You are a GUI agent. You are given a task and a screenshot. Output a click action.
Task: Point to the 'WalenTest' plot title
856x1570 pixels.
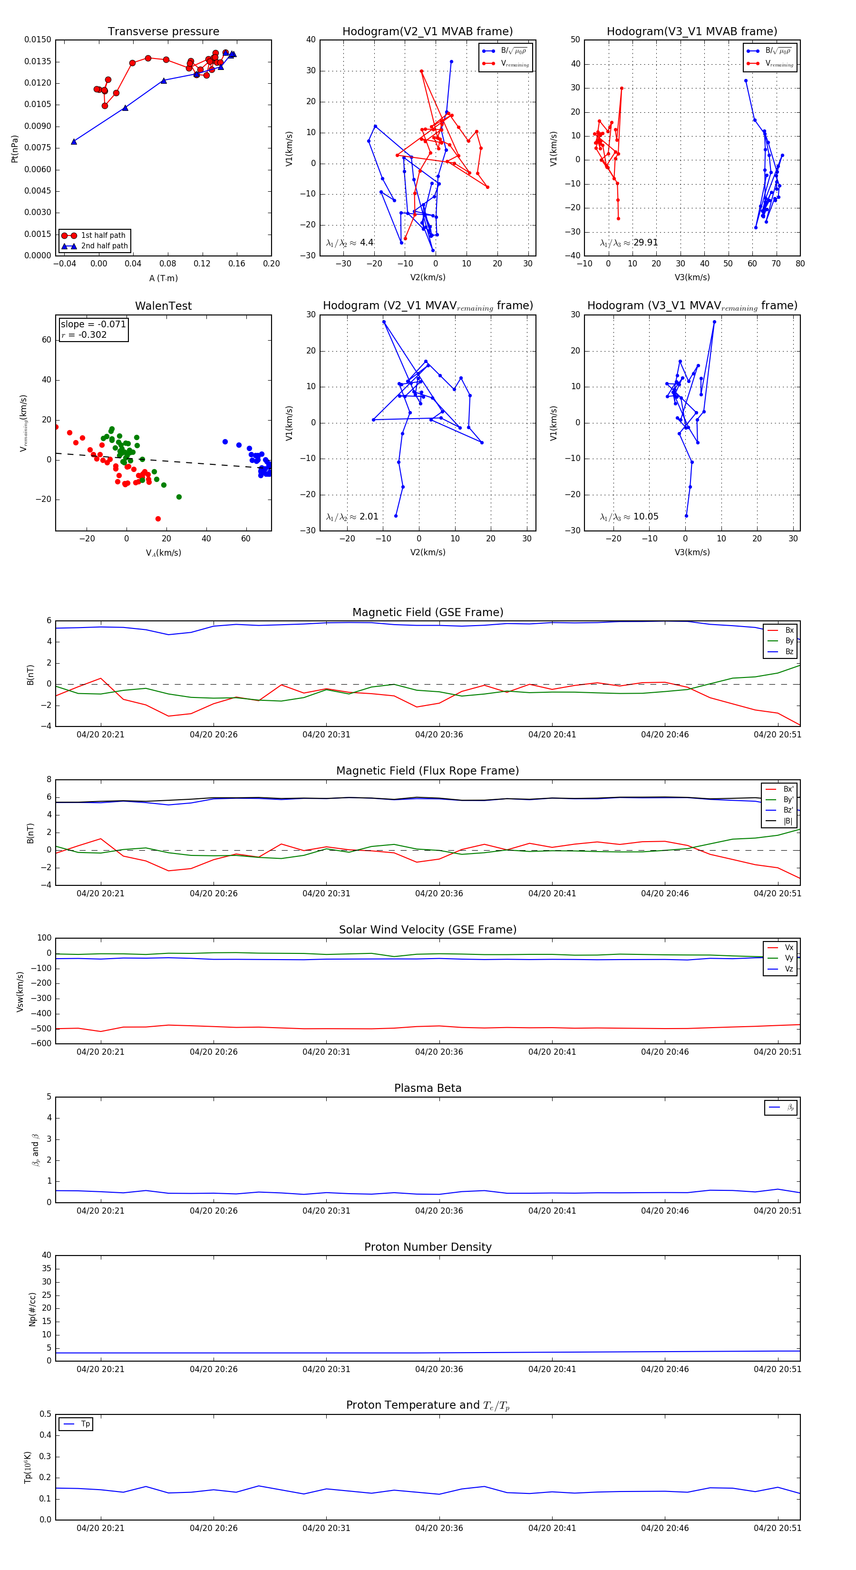coord(163,306)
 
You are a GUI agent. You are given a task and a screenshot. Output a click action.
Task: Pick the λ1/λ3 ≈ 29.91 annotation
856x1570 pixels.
coord(629,243)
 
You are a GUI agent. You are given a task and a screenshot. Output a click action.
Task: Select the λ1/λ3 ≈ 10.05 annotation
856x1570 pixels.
coord(629,517)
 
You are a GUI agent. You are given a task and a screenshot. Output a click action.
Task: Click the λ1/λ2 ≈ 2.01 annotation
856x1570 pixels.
coord(352,517)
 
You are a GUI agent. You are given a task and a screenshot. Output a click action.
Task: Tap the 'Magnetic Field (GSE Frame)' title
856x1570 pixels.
coord(428,612)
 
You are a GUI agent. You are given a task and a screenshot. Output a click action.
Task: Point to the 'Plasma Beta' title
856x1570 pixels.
coord(428,1089)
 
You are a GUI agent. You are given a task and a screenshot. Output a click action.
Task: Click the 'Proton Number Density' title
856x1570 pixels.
coord(428,1247)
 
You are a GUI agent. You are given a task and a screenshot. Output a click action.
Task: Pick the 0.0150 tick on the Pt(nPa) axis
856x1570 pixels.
coord(38,39)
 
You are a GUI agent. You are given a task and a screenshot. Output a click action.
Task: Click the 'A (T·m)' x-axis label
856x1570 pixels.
coord(163,278)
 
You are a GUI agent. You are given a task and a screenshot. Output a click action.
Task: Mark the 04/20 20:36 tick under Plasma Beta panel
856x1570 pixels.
coord(438,1211)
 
